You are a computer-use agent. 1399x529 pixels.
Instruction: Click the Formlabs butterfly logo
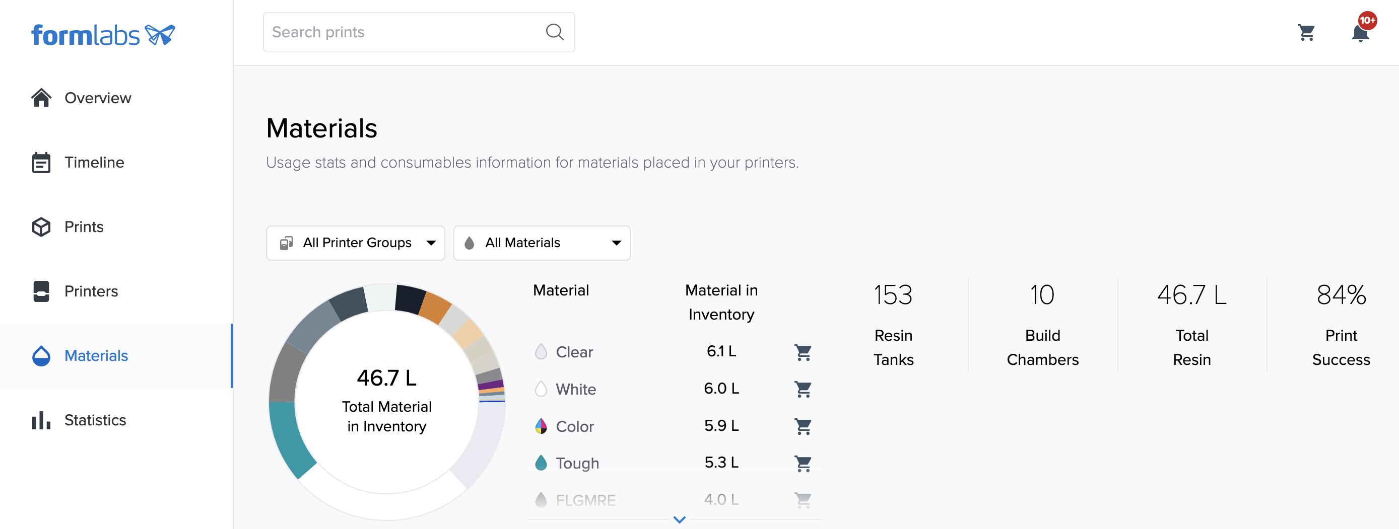pyautogui.click(x=160, y=35)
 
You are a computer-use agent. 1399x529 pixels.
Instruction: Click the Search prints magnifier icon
pyautogui.click(x=554, y=32)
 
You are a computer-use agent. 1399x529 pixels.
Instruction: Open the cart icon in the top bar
pyautogui.click(x=1306, y=33)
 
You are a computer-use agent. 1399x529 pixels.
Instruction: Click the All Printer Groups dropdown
pyautogui.click(x=355, y=243)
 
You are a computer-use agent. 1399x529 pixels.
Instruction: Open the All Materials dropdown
pyautogui.click(x=542, y=243)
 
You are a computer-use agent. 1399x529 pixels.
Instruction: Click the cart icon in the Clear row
pyautogui.click(x=803, y=352)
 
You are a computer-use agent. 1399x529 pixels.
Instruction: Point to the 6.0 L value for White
pyautogui.click(x=721, y=389)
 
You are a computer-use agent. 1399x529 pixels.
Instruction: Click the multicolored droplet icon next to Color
pyautogui.click(x=541, y=426)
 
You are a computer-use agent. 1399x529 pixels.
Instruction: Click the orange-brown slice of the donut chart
pyautogui.click(x=435, y=307)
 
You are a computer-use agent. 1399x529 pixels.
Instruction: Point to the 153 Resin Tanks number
pyautogui.click(x=893, y=295)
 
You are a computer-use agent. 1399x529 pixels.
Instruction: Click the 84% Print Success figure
pyautogui.click(x=1341, y=295)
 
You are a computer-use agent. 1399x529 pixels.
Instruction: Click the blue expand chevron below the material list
pyautogui.click(x=679, y=519)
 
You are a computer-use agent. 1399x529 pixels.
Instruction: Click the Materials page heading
pyautogui.click(x=321, y=128)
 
